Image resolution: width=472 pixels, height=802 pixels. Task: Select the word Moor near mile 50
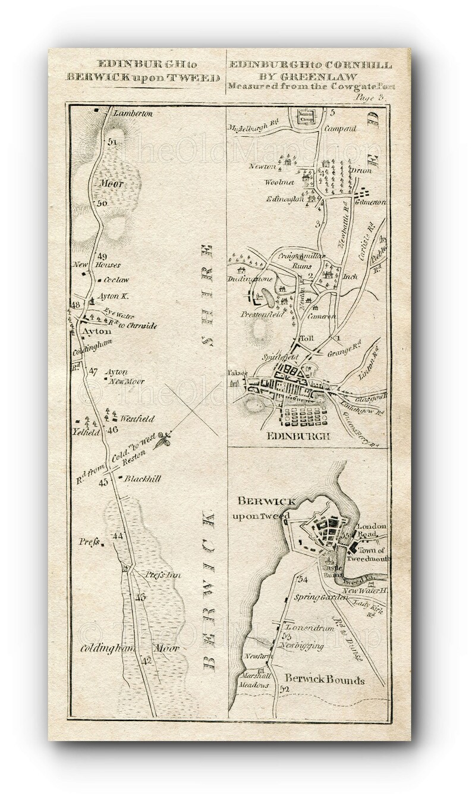pyautogui.click(x=112, y=184)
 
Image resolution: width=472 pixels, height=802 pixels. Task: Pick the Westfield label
pyautogui.click(x=137, y=418)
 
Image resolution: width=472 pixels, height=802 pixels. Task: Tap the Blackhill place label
pyautogui.click(x=143, y=478)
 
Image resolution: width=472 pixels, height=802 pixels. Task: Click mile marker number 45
pyautogui.click(x=103, y=482)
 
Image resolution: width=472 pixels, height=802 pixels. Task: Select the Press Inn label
pyautogui.click(x=163, y=575)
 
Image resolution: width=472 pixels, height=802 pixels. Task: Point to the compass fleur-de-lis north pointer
pyautogui.click(x=162, y=441)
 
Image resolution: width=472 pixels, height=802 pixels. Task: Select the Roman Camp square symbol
pyautogui.click(x=306, y=115)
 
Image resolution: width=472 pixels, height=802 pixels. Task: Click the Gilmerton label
pyautogui.click(x=370, y=202)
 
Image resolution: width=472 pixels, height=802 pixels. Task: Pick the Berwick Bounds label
pyautogui.click(x=325, y=679)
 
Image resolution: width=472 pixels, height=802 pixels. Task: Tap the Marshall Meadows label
pyautogui.click(x=256, y=681)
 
